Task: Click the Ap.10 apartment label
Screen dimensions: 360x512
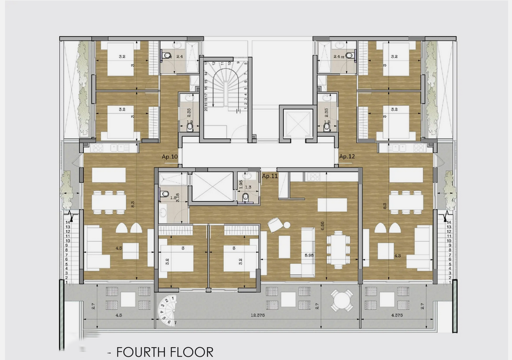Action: coord(169,157)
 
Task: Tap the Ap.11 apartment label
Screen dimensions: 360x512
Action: coord(270,176)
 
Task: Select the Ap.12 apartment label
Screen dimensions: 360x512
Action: coord(347,157)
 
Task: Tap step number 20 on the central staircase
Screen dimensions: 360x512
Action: coord(206,109)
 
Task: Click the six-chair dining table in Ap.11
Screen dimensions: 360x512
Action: coord(338,248)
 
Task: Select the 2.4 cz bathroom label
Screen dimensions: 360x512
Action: coord(339,56)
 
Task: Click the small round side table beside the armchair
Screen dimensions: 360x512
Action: coord(287,224)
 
